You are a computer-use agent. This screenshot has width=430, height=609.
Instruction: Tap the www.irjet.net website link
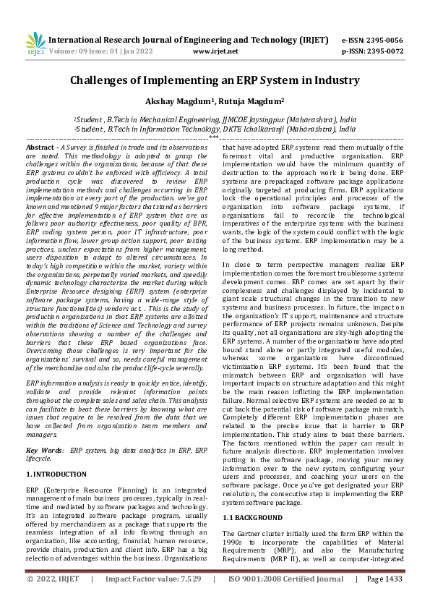216,52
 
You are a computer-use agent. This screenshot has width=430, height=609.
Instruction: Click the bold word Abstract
39,147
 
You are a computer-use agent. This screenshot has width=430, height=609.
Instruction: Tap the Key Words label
43,451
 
